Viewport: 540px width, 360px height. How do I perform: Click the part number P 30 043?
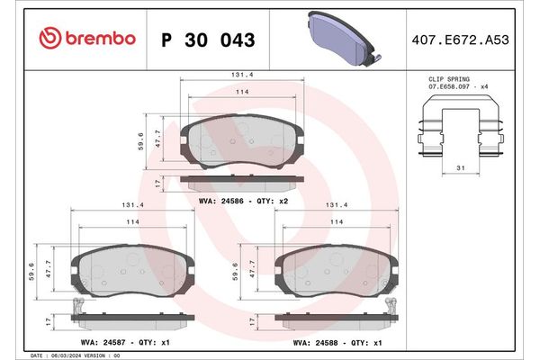207,40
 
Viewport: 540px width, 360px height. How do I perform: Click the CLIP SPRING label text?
448,80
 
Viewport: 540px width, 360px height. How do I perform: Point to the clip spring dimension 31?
460,169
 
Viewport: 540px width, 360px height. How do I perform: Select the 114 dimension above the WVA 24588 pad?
337,221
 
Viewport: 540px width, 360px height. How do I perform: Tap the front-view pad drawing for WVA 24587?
133,268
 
